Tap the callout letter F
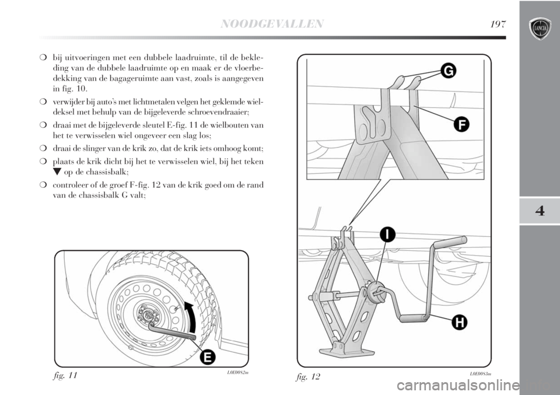point(461,125)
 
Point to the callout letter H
point(460,323)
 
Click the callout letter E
point(208,357)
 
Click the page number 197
point(498,24)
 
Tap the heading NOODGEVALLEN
point(272,24)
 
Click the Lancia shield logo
point(540,29)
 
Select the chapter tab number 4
point(540,211)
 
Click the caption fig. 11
point(65,376)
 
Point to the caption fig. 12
point(308,376)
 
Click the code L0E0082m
point(237,373)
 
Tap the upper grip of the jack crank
point(450,242)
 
